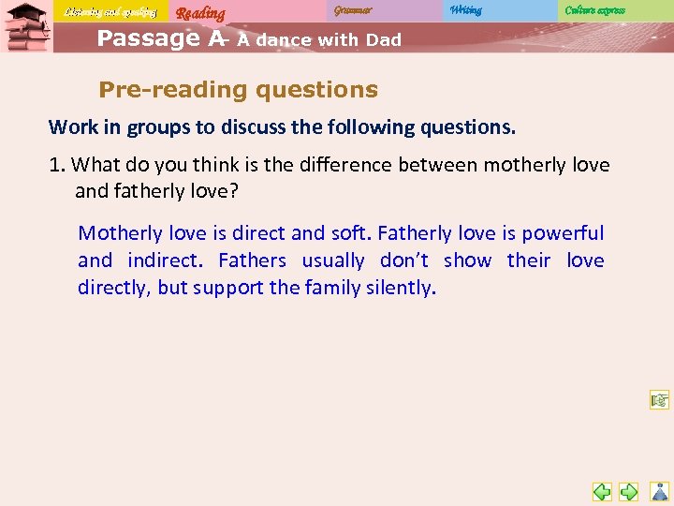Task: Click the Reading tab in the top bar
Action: pos(200,12)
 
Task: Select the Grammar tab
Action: pos(353,10)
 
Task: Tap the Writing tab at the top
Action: pos(465,10)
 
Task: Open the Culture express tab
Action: pos(594,10)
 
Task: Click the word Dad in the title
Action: pos(384,40)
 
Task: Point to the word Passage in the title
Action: pos(149,38)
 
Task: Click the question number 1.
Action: pos(56,165)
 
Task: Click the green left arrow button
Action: pos(602,491)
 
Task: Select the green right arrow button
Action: pos(629,491)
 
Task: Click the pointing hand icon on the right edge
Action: pos(660,401)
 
